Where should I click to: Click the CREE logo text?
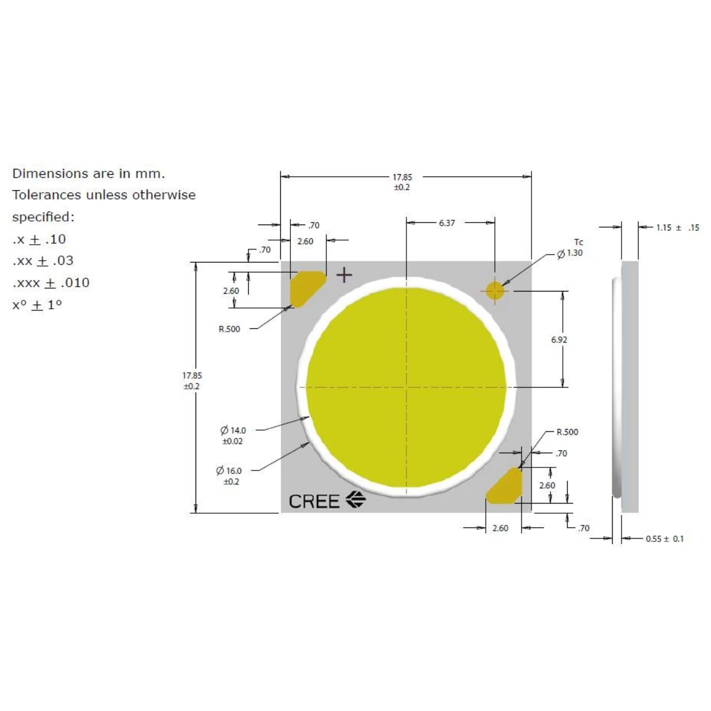(x=313, y=501)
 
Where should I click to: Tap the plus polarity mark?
(x=344, y=276)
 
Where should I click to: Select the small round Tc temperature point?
(x=494, y=291)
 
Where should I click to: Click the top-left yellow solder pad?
(x=307, y=289)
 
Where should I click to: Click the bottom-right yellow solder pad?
(x=504, y=486)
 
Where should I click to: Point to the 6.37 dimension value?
(x=447, y=223)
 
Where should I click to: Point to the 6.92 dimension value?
(x=559, y=340)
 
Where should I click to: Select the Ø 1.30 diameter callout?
(x=569, y=254)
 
